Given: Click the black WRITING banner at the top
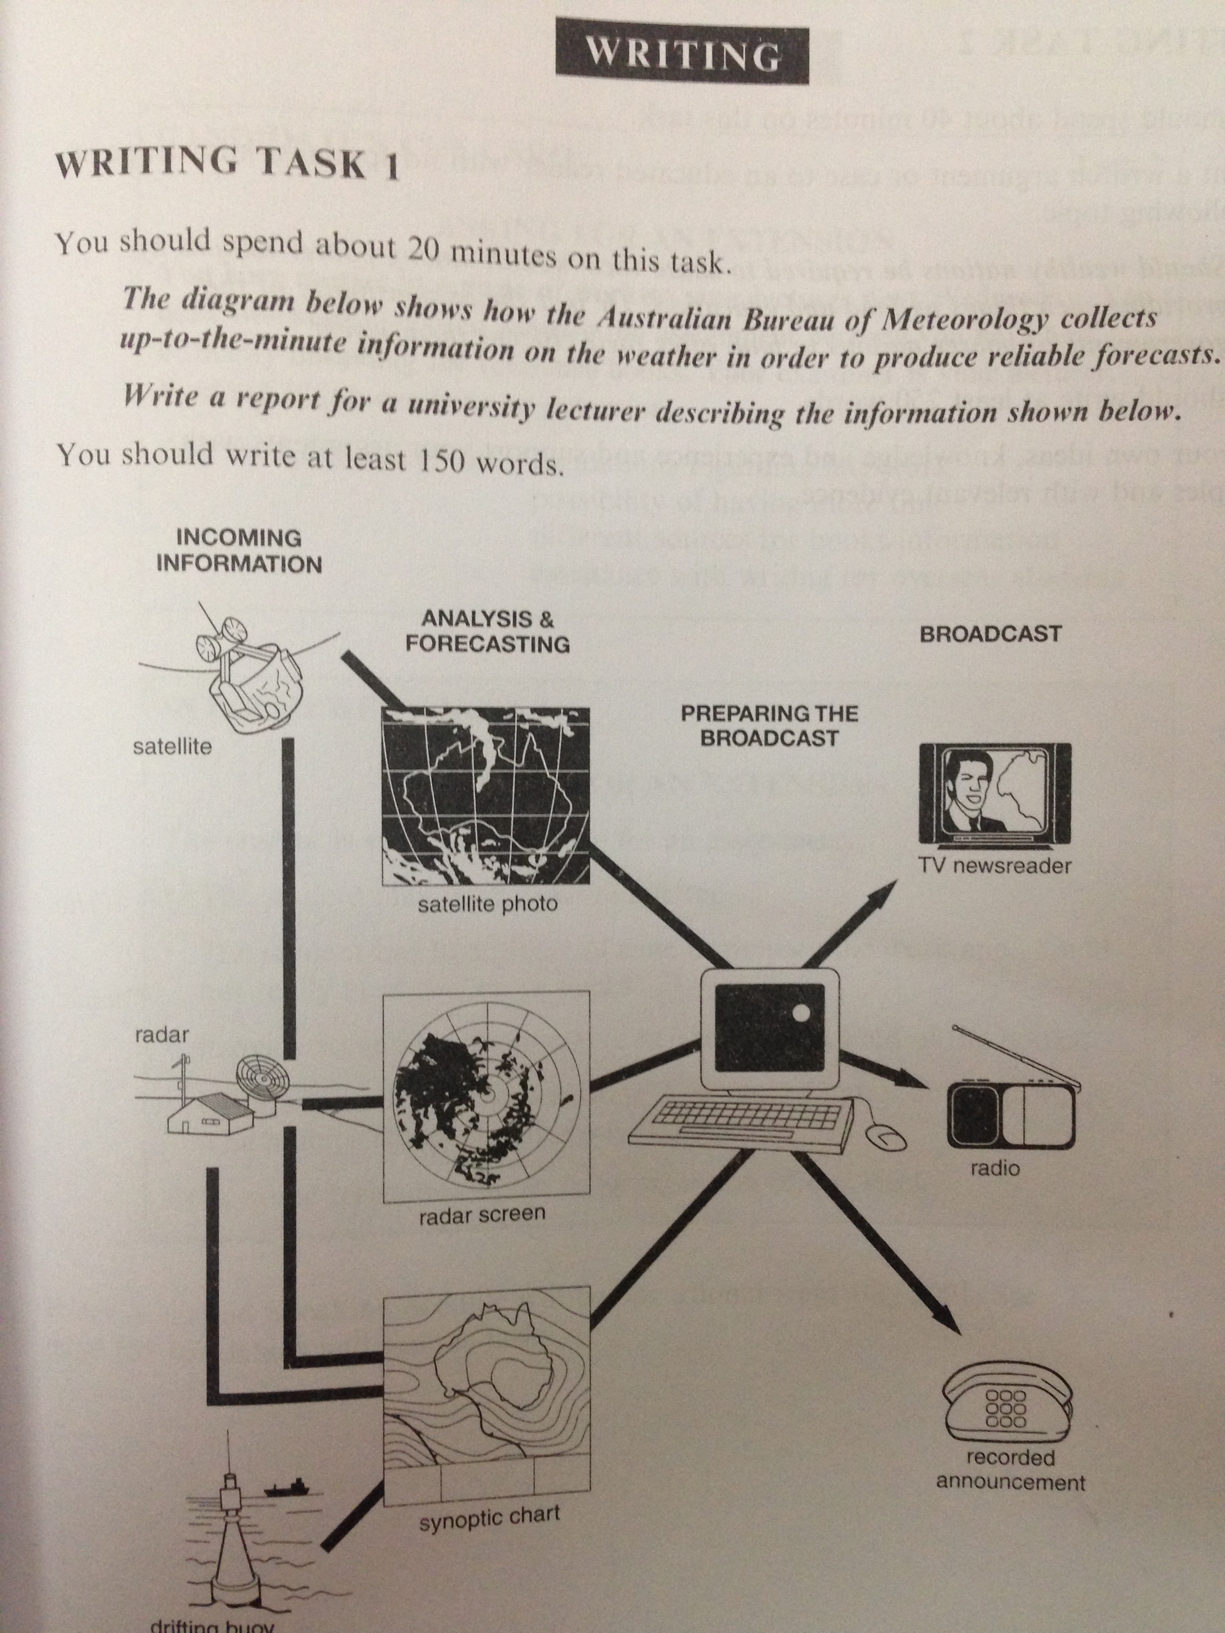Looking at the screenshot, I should [682, 56].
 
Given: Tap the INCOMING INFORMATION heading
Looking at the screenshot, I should [239, 551].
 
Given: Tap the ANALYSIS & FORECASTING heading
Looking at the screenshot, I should [487, 631].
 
